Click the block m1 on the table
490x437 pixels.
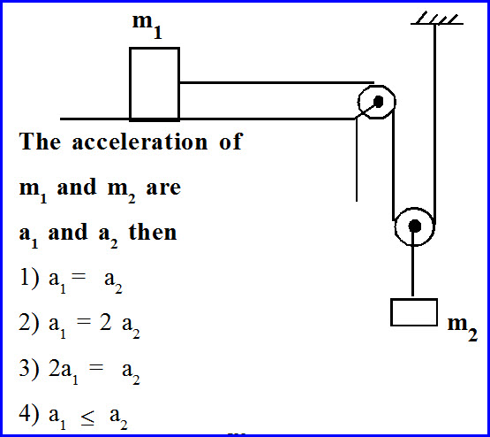155,83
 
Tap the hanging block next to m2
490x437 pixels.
414,312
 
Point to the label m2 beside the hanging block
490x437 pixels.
463,326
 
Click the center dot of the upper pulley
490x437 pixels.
378,102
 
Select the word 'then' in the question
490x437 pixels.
153,234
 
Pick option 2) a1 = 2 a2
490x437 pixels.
79,326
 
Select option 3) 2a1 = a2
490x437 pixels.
79,372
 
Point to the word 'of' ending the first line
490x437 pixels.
230,142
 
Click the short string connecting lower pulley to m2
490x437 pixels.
413,274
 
